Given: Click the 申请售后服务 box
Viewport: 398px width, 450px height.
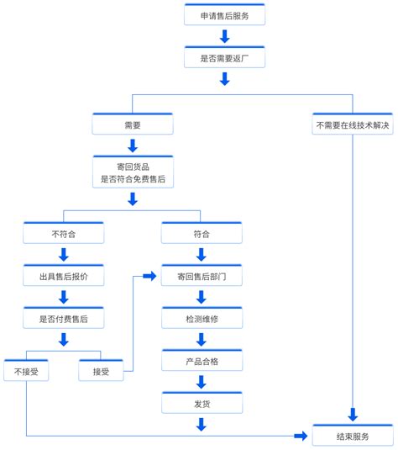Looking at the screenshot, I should pyautogui.click(x=224, y=15).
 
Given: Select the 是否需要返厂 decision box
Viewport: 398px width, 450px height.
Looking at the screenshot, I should pyautogui.click(x=224, y=58).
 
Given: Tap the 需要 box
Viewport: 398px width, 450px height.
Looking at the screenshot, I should pyautogui.click(x=132, y=124).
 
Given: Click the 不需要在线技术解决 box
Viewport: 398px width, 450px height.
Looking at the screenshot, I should pyautogui.click(x=353, y=124).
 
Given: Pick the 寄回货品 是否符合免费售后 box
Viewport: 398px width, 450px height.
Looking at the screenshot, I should pyautogui.click(x=132, y=172).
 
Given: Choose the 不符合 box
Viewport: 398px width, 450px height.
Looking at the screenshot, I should pyautogui.click(x=64, y=234).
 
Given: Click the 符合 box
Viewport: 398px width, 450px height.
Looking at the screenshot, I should pyautogui.click(x=202, y=234).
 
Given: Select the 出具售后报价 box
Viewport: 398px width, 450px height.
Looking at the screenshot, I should pyautogui.click(x=64, y=276).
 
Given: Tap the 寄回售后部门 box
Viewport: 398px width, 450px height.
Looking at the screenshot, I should pyautogui.click(x=202, y=276).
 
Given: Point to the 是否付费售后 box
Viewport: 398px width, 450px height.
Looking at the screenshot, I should pyautogui.click(x=64, y=319).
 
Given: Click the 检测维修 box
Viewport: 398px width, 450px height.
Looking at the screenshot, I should pyautogui.click(x=202, y=319).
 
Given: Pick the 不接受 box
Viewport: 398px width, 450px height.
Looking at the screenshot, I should pyautogui.click(x=26, y=371).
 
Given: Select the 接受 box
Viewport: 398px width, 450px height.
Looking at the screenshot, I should pyautogui.click(x=101, y=371).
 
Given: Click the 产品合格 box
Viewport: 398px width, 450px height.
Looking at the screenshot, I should pyautogui.click(x=202, y=362).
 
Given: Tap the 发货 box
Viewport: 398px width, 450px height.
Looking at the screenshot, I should pyautogui.click(x=202, y=405).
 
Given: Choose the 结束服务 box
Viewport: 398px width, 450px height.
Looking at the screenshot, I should pyautogui.click(x=353, y=437).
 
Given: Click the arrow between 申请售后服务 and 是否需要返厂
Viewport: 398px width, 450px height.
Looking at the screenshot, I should pyautogui.click(x=224, y=36).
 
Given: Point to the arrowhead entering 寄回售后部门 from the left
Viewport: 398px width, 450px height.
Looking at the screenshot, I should pyautogui.click(x=151, y=276).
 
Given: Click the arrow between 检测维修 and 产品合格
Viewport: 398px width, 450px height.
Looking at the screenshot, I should pyautogui.click(x=202, y=340).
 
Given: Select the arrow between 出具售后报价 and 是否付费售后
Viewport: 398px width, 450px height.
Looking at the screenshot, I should pyautogui.click(x=64, y=297).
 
